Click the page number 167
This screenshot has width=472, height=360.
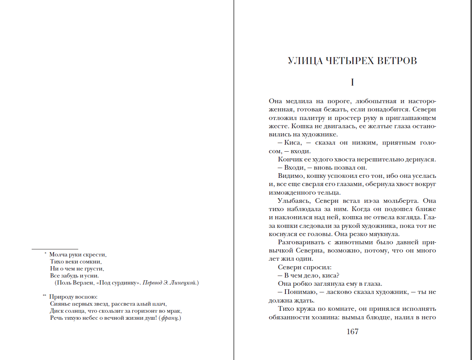[352, 332]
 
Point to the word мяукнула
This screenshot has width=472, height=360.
[385, 234]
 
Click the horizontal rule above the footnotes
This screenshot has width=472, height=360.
[55, 249]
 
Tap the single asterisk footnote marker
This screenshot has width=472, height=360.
[45, 254]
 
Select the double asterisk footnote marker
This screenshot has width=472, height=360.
[45, 296]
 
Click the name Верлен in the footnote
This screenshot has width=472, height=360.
[82, 283]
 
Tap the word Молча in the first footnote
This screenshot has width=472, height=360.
[57, 254]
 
